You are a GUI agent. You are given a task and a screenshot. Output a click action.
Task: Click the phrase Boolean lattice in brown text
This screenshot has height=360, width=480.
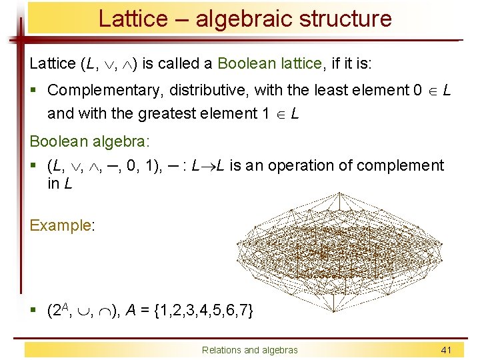pyautogui.click(x=270, y=64)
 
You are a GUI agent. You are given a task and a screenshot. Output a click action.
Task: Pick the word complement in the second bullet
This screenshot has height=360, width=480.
pyautogui.click(x=403, y=165)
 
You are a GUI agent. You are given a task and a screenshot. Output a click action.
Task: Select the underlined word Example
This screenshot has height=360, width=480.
pyautogui.click(x=60, y=225)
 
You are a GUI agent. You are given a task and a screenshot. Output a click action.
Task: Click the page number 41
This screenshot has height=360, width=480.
pyautogui.click(x=446, y=350)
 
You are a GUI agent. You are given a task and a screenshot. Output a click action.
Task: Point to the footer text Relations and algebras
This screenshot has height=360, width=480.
pyautogui.click(x=250, y=350)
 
